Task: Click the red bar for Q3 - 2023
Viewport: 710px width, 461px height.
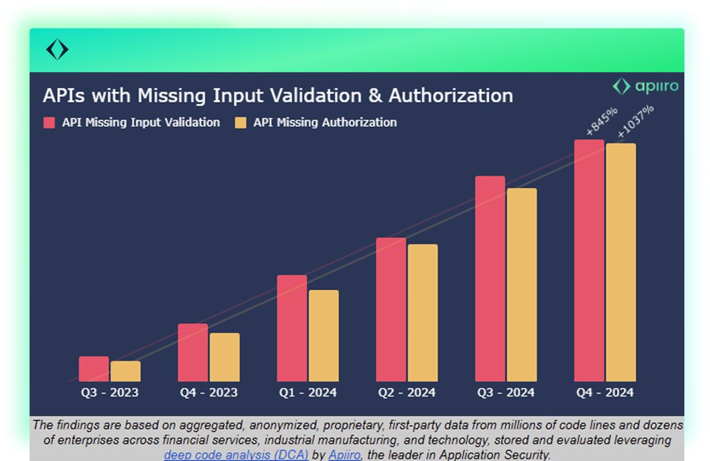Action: click(94, 369)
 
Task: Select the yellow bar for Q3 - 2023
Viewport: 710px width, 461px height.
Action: click(125, 372)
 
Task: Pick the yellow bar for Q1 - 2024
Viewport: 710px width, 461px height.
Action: click(324, 336)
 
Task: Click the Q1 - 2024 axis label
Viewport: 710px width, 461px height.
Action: click(308, 392)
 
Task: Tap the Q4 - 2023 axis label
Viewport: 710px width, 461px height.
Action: click(209, 392)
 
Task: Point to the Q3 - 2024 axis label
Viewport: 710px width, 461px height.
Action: click(505, 392)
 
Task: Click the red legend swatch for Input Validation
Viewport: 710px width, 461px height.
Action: click(49, 123)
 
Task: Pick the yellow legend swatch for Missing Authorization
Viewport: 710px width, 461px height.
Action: click(241, 123)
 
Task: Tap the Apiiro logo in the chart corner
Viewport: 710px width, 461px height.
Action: click(645, 87)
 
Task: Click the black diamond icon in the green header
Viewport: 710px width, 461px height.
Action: click(57, 50)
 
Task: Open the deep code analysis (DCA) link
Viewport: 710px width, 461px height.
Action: click(236, 455)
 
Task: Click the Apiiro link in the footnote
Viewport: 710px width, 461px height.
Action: click(345, 455)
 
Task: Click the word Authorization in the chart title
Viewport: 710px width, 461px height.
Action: click(451, 96)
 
